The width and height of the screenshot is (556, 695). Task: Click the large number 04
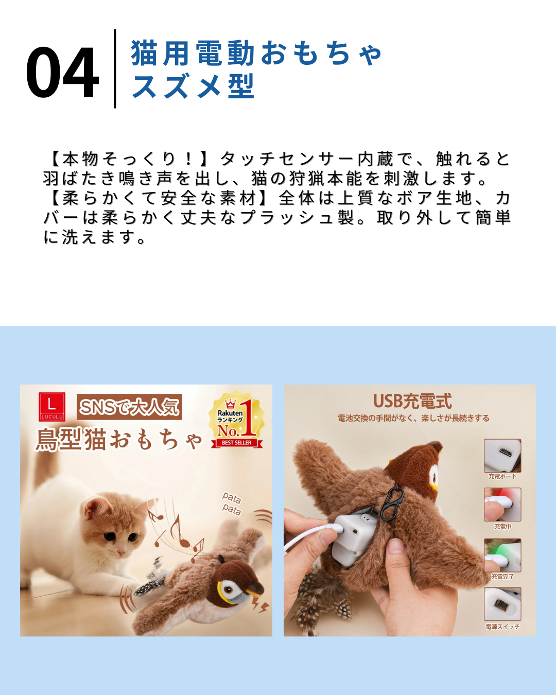pyautogui.click(x=62, y=72)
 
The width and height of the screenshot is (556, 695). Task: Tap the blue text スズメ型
pyautogui.click(x=193, y=86)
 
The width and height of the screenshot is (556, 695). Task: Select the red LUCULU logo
pyautogui.click(x=51, y=407)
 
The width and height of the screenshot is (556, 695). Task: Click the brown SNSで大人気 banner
pyautogui.click(x=129, y=407)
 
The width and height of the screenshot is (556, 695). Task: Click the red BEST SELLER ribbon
pyautogui.click(x=237, y=443)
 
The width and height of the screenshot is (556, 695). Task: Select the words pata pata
pyautogui.click(x=232, y=504)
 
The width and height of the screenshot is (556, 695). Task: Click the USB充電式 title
pyautogui.click(x=412, y=402)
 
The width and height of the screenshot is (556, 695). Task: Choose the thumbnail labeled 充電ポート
pyautogui.click(x=502, y=456)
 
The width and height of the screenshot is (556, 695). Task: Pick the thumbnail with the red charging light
pyautogui.click(x=502, y=505)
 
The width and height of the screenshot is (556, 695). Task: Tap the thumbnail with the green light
pyautogui.click(x=502, y=555)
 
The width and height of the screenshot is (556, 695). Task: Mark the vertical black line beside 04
pyautogui.click(x=115, y=69)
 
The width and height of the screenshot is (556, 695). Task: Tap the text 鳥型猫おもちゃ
pyautogui.click(x=118, y=440)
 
